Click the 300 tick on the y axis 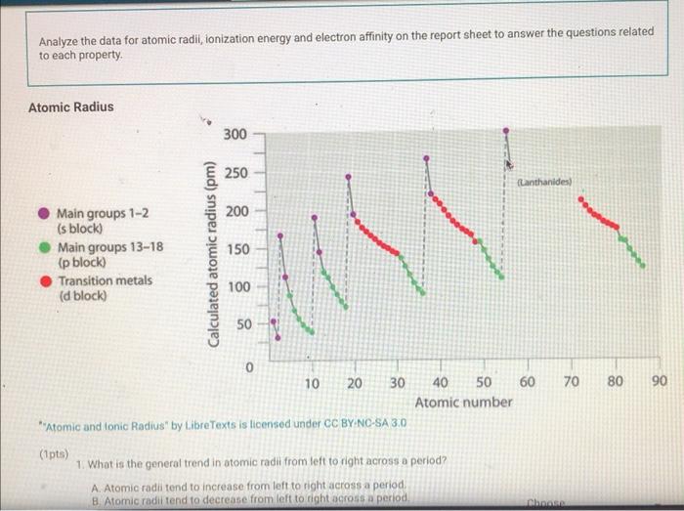(x=235, y=133)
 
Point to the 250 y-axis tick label (x=235, y=172)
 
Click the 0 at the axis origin (x=250, y=368)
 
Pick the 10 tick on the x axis (x=312, y=382)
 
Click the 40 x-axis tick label (x=441, y=382)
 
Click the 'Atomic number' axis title (x=463, y=402)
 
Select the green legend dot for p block (x=43, y=247)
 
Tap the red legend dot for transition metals (x=43, y=281)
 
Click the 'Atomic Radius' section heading (x=70, y=106)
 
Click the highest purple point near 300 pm (x=505, y=130)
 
